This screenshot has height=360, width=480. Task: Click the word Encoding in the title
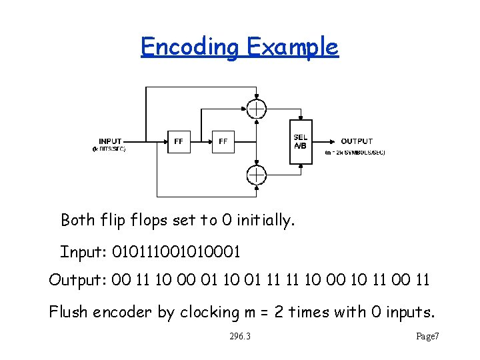[x=190, y=47]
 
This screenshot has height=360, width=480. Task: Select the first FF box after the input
[x=179, y=141]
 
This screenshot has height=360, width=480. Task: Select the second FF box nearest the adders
[x=223, y=141]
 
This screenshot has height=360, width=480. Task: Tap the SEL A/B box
[x=300, y=141]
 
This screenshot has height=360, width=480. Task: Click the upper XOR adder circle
[x=256, y=109]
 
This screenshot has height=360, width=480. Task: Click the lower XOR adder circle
[x=256, y=175]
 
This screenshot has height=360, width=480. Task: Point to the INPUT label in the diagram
[x=110, y=141]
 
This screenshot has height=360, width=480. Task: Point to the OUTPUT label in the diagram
[x=357, y=141]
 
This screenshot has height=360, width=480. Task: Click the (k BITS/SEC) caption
[x=109, y=149]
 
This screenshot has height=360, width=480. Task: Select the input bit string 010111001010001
[x=176, y=253]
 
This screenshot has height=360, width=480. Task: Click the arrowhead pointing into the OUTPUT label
[x=331, y=141]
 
